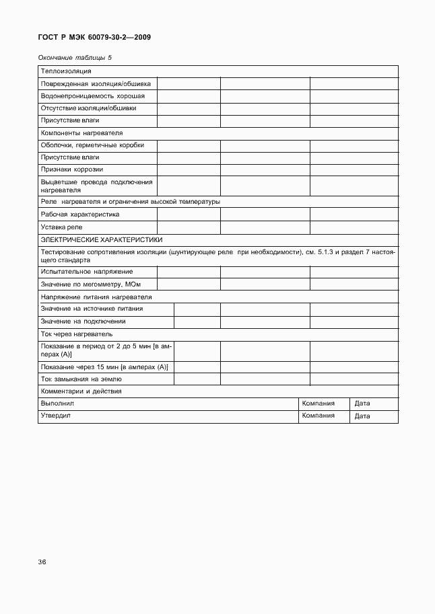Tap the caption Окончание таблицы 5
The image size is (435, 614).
75,58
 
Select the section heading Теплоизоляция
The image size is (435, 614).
66,71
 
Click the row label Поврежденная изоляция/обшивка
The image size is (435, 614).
96,84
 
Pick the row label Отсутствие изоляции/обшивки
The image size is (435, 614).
88,108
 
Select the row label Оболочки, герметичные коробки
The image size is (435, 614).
92,145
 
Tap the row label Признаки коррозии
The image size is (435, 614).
71,169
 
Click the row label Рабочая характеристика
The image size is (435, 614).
80,215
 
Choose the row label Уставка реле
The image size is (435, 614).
61,227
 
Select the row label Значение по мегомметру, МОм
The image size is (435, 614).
90,284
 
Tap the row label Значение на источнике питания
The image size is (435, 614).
92,309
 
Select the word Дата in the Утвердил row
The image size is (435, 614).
362,416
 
